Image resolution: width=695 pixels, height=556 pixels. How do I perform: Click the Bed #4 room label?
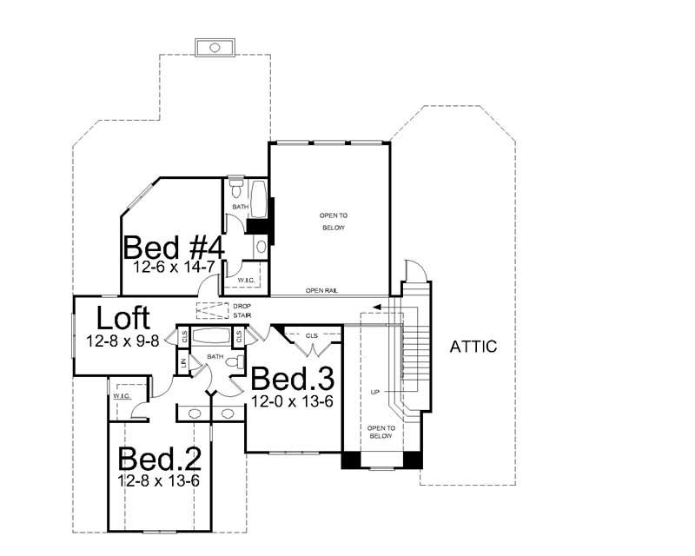[175, 248]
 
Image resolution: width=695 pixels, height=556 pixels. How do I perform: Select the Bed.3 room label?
[293, 380]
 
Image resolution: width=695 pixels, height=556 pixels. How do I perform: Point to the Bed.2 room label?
[159, 458]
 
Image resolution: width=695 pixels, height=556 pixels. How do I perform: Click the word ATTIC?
[473, 347]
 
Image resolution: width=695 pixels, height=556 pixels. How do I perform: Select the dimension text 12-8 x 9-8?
[122, 341]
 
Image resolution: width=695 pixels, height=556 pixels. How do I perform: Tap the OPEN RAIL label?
[321, 291]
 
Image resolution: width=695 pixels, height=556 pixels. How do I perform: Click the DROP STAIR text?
[242, 311]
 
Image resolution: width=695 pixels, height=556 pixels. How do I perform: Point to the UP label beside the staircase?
[374, 393]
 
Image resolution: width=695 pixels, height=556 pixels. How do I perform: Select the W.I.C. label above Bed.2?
[121, 396]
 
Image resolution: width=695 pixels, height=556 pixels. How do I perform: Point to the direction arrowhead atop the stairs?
[374, 307]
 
